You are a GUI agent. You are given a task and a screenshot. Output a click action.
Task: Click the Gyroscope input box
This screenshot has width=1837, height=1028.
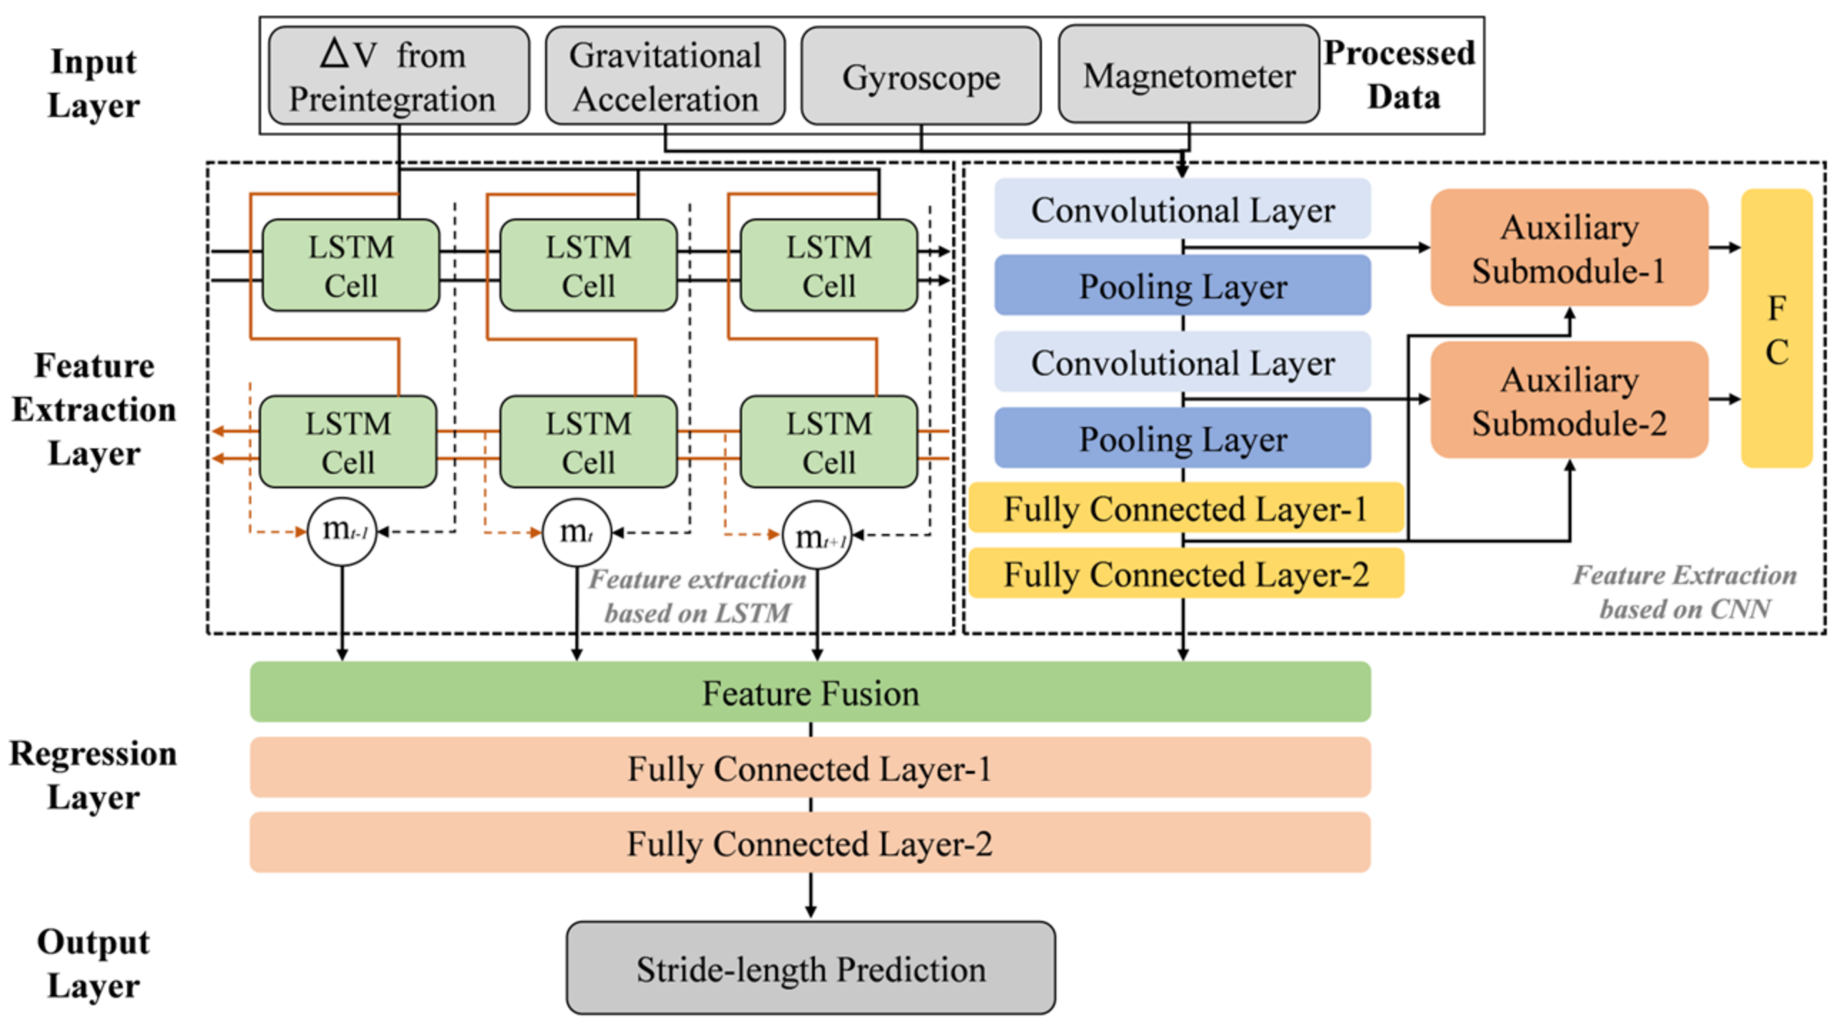920,76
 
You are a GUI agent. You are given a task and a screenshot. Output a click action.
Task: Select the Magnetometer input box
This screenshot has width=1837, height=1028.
1188,75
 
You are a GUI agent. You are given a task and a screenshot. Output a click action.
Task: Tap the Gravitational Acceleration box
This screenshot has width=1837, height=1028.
664,76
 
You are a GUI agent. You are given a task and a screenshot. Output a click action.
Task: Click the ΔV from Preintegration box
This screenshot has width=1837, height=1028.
398,76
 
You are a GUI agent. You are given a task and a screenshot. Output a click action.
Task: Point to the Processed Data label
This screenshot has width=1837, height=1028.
1400,75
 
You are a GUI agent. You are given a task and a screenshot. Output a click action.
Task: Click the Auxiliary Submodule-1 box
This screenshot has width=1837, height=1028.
1569,248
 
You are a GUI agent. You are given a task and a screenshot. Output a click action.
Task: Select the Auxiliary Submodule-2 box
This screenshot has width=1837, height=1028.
1569,400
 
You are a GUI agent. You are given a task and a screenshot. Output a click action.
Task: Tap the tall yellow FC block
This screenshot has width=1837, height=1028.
1776,328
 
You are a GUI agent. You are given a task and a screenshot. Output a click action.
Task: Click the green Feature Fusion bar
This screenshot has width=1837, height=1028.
810,692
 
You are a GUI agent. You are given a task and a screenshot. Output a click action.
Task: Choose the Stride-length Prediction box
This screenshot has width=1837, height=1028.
810,968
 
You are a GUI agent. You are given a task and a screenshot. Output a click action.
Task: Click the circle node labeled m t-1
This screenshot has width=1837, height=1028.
342,532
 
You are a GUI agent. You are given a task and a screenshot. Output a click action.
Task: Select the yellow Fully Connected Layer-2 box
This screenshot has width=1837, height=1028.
1185,573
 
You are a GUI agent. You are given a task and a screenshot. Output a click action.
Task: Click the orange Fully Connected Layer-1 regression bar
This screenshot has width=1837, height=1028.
810,768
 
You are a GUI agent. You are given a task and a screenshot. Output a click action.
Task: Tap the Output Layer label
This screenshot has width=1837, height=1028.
93,964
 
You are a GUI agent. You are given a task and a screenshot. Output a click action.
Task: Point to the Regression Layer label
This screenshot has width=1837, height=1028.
93,775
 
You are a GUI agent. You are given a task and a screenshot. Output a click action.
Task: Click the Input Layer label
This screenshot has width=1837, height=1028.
93,84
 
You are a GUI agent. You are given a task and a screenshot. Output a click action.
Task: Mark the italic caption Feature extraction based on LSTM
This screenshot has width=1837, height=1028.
697,596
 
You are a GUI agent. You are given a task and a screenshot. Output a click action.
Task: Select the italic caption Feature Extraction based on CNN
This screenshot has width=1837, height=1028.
1684,592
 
